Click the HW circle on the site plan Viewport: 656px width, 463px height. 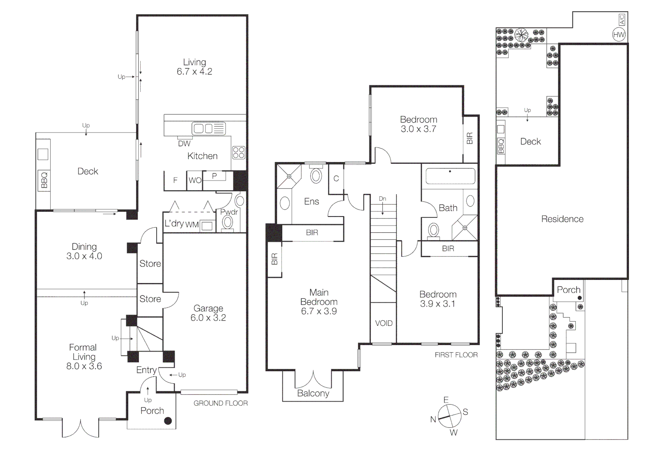[619, 35]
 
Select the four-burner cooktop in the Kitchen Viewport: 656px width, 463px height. [239, 153]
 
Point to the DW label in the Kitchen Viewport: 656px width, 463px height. [184, 144]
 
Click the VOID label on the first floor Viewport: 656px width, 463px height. [384, 323]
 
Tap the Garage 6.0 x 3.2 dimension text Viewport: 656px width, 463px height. [208, 318]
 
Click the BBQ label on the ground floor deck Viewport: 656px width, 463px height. [44, 180]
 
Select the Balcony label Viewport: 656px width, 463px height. [313, 393]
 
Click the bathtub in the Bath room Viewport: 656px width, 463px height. [450, 176]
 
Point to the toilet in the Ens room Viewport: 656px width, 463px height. [316, 175]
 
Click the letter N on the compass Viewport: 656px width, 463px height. [433, 419]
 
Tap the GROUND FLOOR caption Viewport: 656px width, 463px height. [221, 403]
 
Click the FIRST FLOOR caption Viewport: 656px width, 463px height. [456, 355]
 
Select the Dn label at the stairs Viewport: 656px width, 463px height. [382, 198]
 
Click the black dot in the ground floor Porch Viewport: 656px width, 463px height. [168, 421]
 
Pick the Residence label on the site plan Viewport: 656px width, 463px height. [562, 219]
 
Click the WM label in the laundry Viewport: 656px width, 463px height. [192, 224]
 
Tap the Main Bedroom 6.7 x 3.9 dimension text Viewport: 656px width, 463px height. [319, 311]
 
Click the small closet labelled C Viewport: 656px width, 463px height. [336, 178]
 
